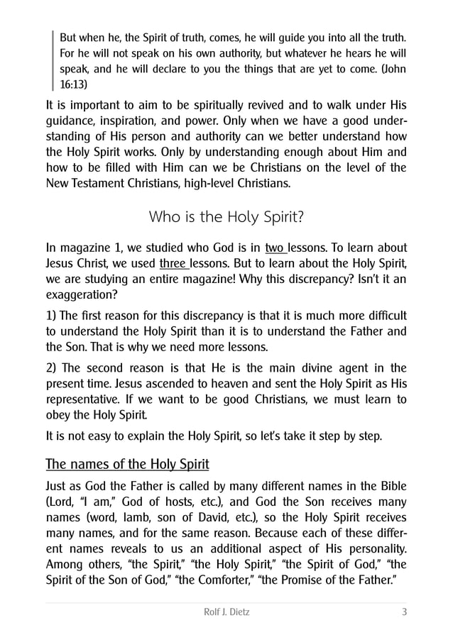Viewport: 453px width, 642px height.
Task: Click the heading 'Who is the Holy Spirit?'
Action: coord(226,216)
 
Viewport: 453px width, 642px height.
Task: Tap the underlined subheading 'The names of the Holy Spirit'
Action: coord(127,465)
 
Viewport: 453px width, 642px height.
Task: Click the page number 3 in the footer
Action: coord(404,612)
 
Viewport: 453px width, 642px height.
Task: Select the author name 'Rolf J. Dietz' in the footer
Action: coord(226,612)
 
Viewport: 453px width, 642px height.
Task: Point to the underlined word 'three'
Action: coord(173,265)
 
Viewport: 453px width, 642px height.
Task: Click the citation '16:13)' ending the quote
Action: coord(74,83)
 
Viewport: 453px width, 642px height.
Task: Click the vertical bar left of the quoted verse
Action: coord(53,59)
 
